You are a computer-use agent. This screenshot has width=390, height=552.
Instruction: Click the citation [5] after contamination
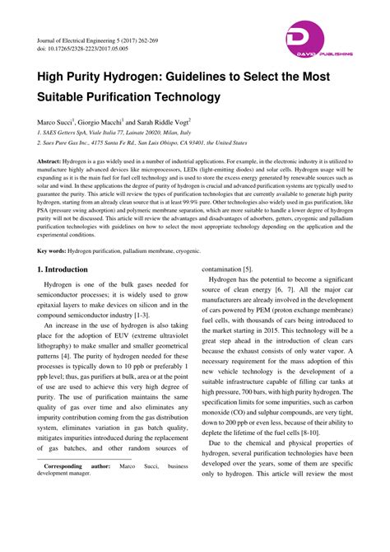click(x=247, y=269)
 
